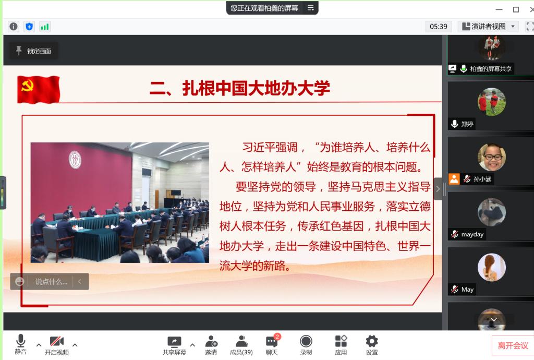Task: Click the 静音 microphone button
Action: pyautogui.click(x=20, y=344)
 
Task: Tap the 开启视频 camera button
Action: pyautogui.click(x=56, y=345)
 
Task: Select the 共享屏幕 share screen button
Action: pyautogui.click(x=174, y=345)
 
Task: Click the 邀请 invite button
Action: pyautogui.click(x=211, y=345)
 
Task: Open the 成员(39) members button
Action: pyautogui.click(x=241, y=345)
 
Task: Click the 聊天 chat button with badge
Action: pyautogui.click(x=272, y=345)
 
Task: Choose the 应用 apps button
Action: pyautogui.click(x=341, y=345)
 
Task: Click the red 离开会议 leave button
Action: pyautogui.click(x=513, y=346)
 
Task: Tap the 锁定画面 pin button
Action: pyautogui.click(x=33, y=51)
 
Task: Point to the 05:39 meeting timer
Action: pyautogui.click(x=438, y=27)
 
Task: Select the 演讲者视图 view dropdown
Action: pyautogui.click(x=488, y=27)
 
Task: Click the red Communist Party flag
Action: pyautogui.click(x=39, y=90)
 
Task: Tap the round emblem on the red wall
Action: pyautogui.click(x=75, y=160)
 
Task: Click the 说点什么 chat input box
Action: pyautogui.click(x=50, y=282)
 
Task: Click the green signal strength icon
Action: pyautogui.click(x=45, y=27)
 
